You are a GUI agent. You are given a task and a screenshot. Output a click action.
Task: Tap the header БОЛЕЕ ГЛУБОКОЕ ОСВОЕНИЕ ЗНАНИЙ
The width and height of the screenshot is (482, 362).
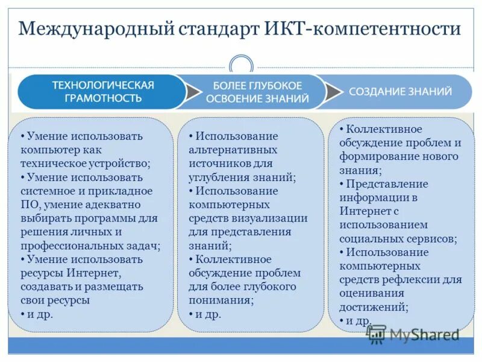(258, 92)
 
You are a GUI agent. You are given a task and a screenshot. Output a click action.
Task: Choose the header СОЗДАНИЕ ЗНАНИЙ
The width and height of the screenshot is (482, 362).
(400, 92)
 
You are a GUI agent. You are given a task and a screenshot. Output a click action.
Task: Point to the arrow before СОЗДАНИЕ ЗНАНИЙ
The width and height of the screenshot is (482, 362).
(333, 92)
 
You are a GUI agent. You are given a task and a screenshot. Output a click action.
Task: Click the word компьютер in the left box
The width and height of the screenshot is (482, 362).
(47, 150)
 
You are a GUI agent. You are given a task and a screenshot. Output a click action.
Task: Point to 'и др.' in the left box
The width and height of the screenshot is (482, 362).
(40, 314)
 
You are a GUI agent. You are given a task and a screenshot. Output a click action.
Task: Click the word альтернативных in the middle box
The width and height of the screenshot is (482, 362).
(233, 150)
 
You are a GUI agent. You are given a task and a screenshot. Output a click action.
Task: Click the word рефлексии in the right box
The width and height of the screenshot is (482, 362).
(416, 279)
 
